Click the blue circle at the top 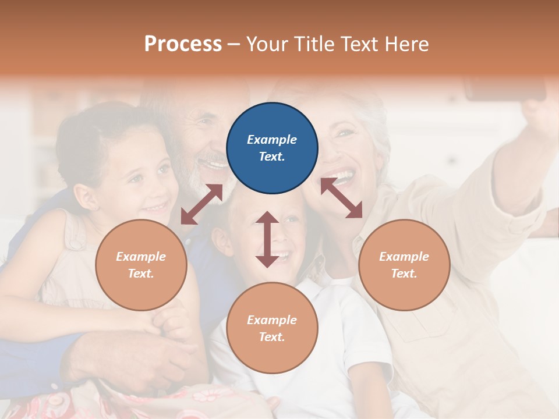click(272, 148)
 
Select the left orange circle click(141, 265)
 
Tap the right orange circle click(404, 265)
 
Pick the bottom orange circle click(272, 328)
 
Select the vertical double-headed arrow click(267, 239)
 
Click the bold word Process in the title click(183, 44)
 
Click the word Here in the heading click(405, 44)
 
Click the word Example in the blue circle click(272, 140)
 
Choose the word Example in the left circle click(141, 257)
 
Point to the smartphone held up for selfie click(505, 88)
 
